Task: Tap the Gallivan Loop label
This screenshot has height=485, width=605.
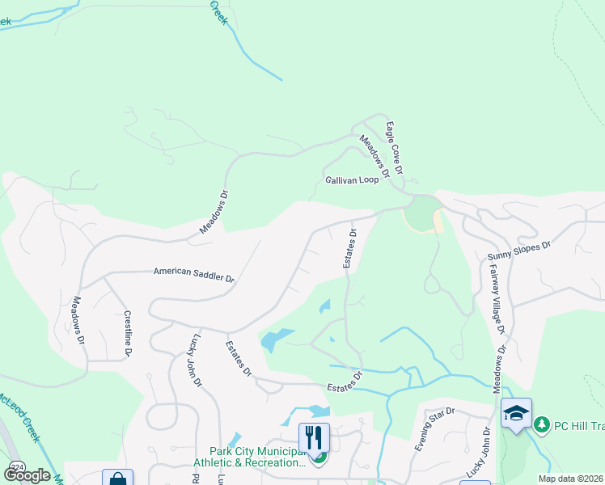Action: [351, 180]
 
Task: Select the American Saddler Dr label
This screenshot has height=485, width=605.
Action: [194, 276]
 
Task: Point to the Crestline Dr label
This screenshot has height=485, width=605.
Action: [128, 333]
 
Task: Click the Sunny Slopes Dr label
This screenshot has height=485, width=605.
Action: [518, 251]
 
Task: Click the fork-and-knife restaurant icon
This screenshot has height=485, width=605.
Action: [314, 437]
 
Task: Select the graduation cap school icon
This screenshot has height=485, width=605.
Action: [516, 412]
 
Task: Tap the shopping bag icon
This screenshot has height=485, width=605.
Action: [117, 479]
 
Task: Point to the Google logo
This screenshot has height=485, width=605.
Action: [27, 474]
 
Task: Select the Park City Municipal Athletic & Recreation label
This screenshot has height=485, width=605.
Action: [255, 458]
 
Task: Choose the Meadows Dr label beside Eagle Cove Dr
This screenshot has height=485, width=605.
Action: [374, 156]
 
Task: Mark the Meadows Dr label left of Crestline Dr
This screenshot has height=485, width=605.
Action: [78, 319]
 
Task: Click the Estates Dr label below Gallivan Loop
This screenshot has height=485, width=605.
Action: [349, 251]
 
